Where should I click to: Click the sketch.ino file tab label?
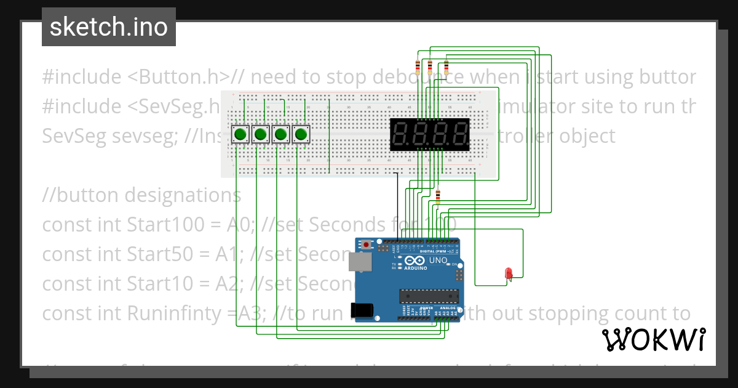pyautogui.click(x=109, y=27)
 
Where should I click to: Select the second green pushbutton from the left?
pyautogui.click(x=261, y=134)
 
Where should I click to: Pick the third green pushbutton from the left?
pyautogui.click(x=281, y=134)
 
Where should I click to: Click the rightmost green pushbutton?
pyautogui.click(x=301, y=134)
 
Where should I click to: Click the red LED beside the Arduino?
pyautogui.click(x=509, y=273)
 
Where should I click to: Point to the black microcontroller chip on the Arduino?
pyautogui.click(x=429, y=297)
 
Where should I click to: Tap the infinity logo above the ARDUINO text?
pyautogui.click(x=415, y=261)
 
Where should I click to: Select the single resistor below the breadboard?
pyautogui.click(x=438, y=197)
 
